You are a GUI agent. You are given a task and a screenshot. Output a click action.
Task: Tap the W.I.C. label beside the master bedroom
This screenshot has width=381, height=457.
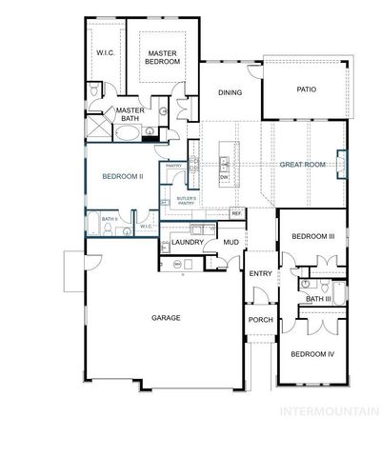click(105, 52)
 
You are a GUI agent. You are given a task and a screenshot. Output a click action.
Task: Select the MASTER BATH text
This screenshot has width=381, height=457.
click(129, 113)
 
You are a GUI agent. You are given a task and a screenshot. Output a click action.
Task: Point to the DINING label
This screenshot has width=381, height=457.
click(230, 92)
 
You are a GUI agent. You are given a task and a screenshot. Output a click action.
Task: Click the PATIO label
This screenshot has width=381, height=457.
click(305, 90)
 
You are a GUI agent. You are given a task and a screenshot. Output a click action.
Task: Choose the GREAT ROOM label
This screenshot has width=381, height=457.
click(302, 165)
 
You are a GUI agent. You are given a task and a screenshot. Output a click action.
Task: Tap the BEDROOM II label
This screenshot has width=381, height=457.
click(122, 176)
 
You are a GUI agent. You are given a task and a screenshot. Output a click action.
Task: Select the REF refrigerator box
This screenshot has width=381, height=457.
click(236, 213)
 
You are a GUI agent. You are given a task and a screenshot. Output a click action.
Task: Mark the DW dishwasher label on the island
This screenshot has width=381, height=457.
click(224, 177)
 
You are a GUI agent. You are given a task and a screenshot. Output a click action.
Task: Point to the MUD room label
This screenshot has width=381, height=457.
click(230, 243)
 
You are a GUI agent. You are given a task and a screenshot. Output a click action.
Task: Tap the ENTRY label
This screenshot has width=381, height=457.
click(260, 274)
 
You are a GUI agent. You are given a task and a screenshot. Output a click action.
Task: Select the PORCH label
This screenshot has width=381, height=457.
click(260, 319)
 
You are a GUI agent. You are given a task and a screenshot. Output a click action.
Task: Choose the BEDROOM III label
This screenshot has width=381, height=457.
click(311, 236)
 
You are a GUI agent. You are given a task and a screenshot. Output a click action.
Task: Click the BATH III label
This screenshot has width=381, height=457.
click(318, 299)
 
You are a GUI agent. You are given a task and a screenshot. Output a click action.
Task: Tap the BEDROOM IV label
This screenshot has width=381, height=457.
click(311, 354)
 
